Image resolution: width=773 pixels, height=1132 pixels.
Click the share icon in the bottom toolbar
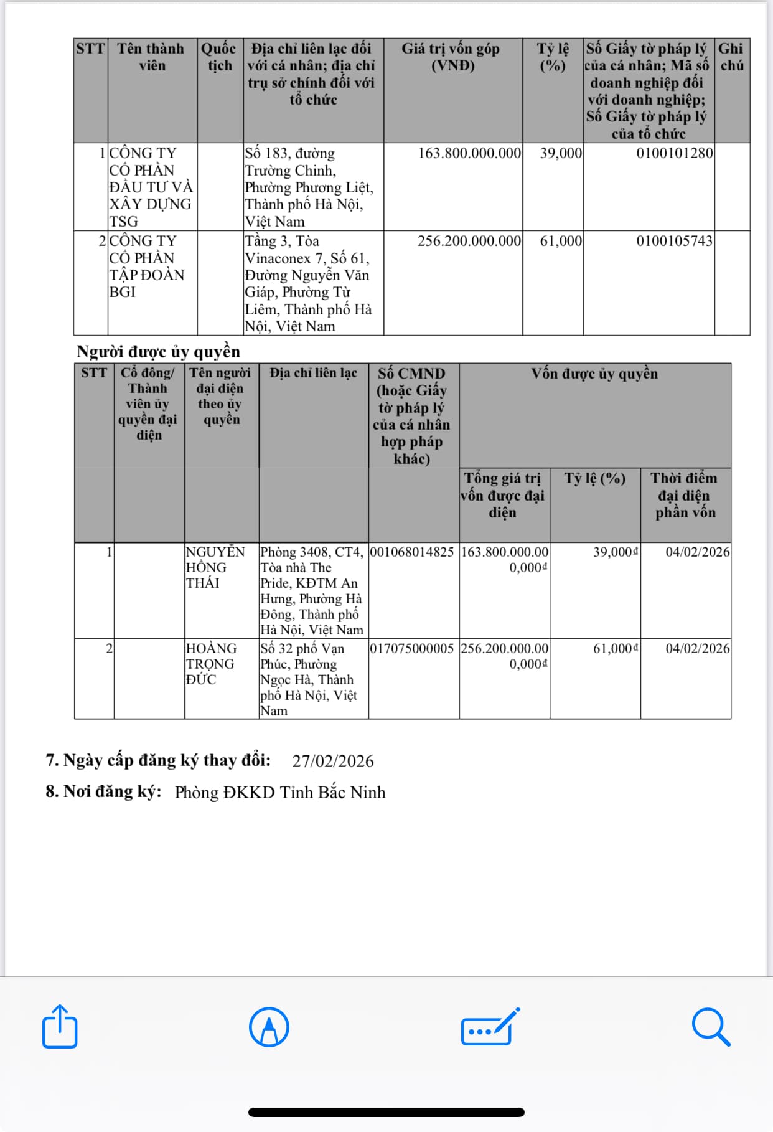60,1026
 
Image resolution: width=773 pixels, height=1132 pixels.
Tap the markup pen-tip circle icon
269,1027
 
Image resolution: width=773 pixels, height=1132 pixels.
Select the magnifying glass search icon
710,1027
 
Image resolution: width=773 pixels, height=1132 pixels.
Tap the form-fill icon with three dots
489,1027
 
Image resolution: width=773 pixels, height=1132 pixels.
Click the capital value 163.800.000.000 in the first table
469,153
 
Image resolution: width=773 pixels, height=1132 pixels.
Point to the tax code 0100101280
674,153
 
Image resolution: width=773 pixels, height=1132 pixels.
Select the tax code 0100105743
674,241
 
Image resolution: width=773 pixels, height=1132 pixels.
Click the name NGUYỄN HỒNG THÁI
215,567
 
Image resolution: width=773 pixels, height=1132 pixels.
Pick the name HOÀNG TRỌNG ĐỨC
211,664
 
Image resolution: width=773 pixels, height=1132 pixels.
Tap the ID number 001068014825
412,552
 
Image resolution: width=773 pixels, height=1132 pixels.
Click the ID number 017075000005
412,649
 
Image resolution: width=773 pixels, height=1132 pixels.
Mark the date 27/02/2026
333,761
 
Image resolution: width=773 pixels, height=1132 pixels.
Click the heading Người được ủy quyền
158,352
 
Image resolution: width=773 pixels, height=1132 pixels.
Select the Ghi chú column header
731,57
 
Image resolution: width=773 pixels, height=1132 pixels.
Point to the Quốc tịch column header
219,57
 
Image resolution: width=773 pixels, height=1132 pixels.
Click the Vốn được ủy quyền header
594,374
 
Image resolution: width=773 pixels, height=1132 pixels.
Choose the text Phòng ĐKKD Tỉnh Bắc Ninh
280,792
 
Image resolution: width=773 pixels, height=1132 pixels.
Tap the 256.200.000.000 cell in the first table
469,241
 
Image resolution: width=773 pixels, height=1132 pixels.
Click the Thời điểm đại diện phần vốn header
685,495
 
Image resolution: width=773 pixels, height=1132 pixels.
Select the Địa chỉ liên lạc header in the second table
313,373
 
